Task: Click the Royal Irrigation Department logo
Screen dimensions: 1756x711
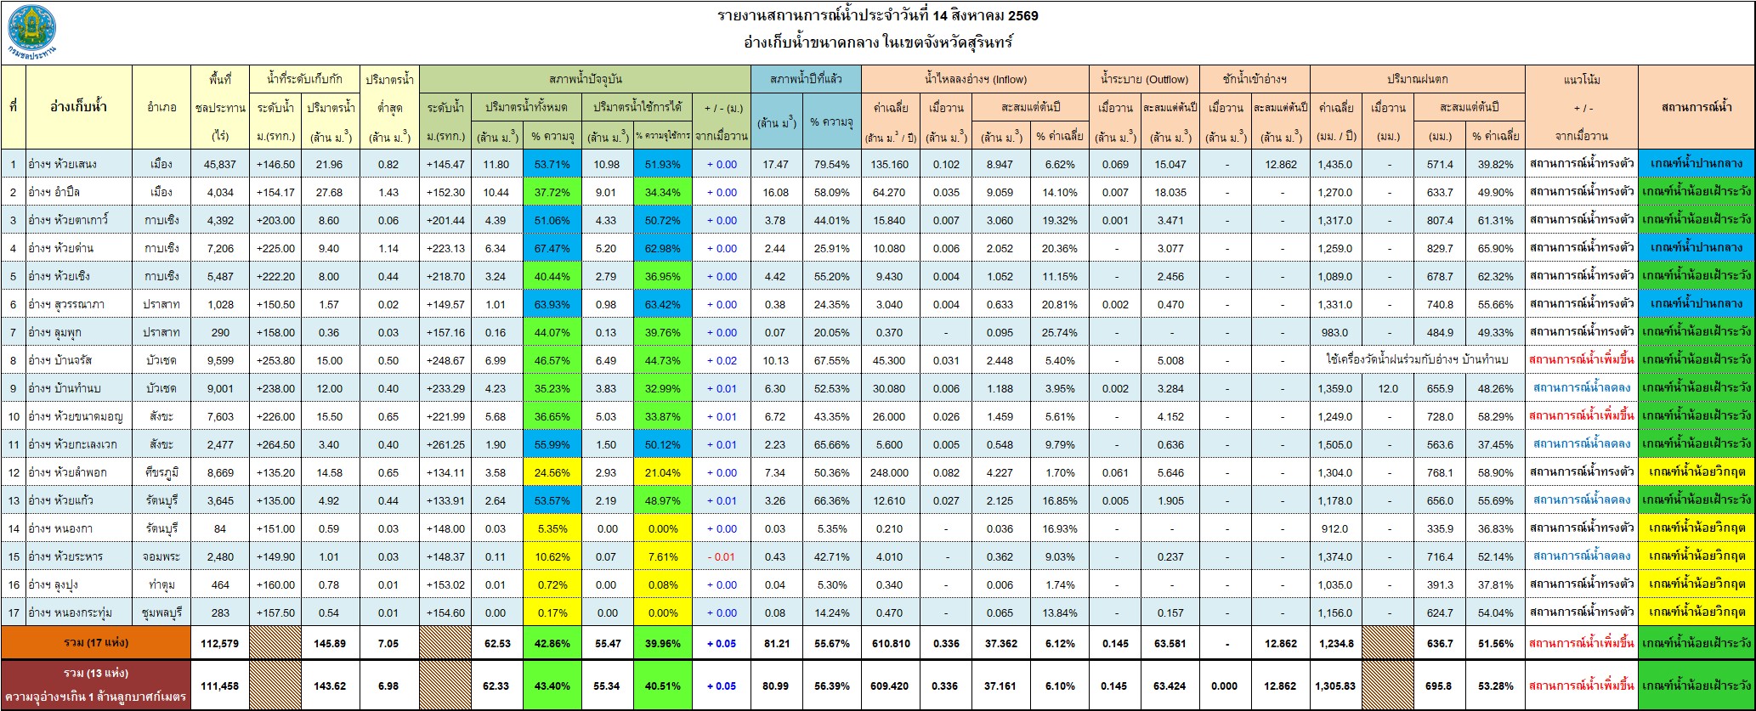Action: [x=33, y=31]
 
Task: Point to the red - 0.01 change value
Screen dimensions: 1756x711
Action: [x=721, y=556]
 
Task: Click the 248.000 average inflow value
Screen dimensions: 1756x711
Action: [x=889, y=472]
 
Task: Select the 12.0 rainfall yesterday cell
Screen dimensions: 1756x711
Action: [x=1388, y=388]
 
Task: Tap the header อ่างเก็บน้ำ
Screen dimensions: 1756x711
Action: [x=79, y=107]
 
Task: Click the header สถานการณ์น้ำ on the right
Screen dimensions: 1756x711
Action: [x=1696, y=107]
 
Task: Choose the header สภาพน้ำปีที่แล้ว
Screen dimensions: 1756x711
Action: [x=806, y=79]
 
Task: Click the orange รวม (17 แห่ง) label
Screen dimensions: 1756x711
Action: [x=97, y=642]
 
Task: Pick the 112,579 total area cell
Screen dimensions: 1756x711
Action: [x=219, y=643]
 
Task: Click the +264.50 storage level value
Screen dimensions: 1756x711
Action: [x=275, y=444]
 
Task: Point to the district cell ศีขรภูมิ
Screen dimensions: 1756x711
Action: [x=161, y=472]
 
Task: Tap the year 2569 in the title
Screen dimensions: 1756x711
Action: [x=1022, y=15]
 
